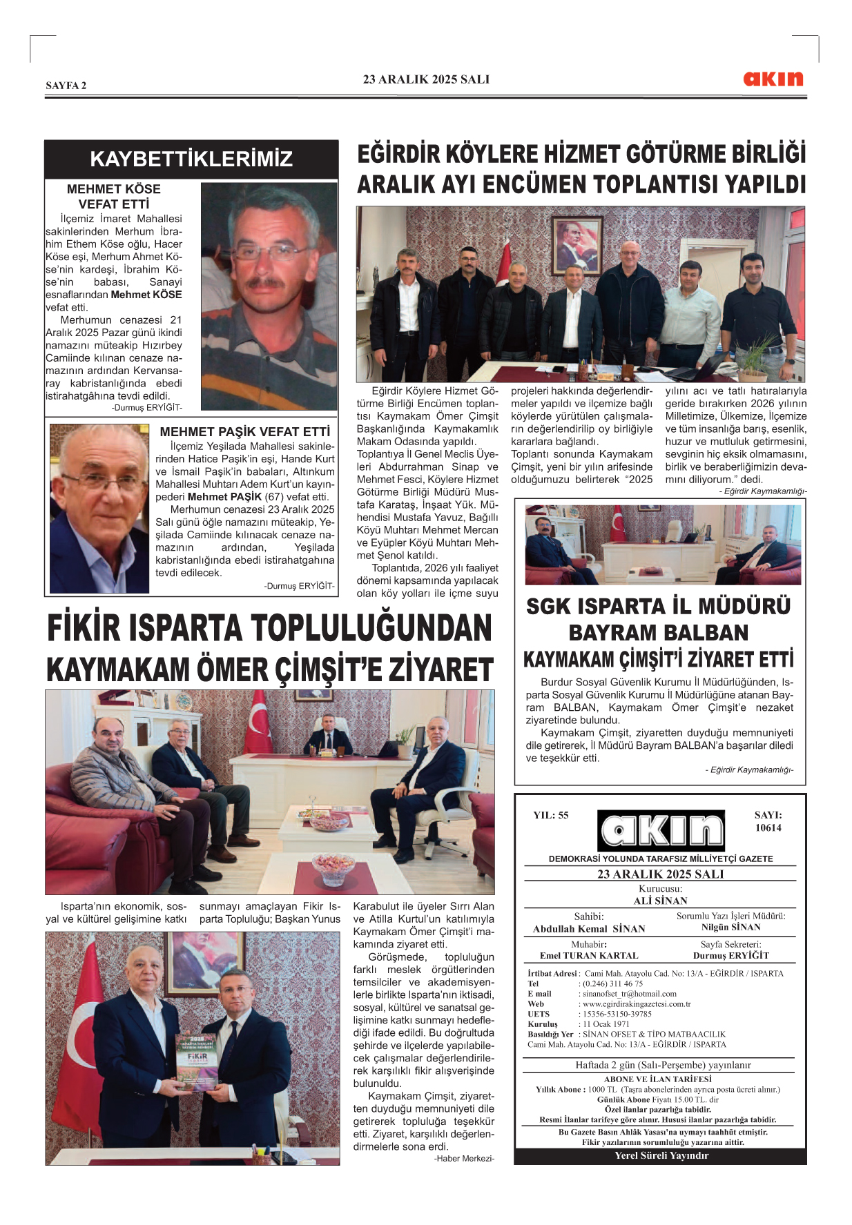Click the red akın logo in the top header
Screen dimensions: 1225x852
point(773,79)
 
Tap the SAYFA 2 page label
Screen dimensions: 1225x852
point(66,86)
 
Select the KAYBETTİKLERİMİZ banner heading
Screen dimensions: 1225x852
point(191,159)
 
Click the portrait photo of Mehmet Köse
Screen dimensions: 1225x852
point(269,297)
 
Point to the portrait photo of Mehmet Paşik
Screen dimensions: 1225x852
point(99,508)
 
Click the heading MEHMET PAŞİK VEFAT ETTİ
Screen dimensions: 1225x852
point(244,432)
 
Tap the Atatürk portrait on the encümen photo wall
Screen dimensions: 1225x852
point(577,245)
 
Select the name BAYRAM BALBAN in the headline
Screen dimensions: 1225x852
point(658,633)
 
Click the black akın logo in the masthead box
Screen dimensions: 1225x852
point(661,830)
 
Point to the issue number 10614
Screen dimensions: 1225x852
point(768,828)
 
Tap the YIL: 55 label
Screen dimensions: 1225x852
point(550,815)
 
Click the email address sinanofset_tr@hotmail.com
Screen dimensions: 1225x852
point(629,994)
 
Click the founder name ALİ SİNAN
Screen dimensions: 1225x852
point(660,901)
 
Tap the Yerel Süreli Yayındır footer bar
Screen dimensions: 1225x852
point(661,1155)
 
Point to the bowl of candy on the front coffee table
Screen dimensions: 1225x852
point(333,868)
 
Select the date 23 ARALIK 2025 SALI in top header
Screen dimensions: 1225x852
point(426,79)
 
